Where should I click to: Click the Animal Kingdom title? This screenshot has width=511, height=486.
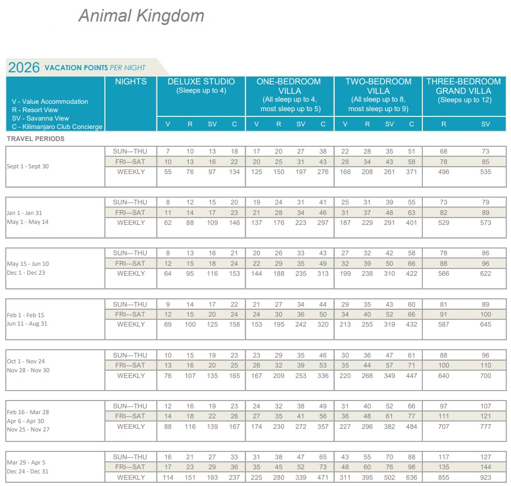[141, 16]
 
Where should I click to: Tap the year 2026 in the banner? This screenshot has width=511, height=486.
[24, 68]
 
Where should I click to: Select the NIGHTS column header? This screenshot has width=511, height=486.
[131, 82]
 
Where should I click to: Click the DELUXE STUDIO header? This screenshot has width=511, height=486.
[201, 82]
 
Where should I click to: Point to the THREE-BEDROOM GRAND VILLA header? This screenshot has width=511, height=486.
[464, 86]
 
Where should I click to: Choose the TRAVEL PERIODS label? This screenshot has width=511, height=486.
[36, 139]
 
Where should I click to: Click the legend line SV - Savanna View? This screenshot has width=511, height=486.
[40, 118]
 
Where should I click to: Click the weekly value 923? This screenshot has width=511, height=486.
[486, 478]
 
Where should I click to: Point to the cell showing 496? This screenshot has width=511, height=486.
[444, 172]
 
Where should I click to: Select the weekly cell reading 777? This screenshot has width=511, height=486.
[486, 427]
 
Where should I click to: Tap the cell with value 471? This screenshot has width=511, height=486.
[323, 478]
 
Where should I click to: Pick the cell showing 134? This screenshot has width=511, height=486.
[234, 172]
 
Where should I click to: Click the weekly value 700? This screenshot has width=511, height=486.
[486, 376]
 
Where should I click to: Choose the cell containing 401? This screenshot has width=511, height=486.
[412, 223]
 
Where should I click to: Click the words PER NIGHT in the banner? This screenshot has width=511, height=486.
[127, 68]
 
